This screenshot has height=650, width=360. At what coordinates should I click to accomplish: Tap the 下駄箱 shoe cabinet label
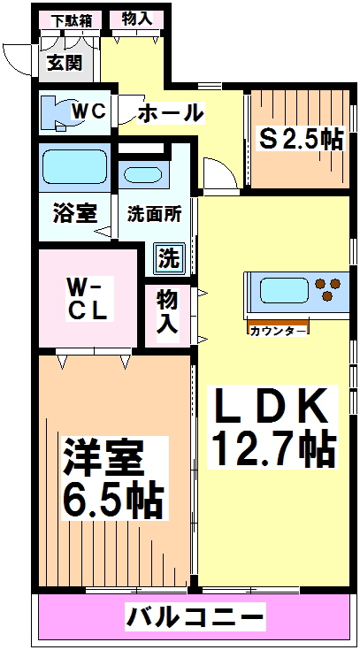click(x=71, y=20)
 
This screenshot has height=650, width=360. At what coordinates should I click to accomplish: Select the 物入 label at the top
click(x=136, y=19)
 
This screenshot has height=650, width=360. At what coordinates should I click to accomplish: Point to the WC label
click(x=89, y=111)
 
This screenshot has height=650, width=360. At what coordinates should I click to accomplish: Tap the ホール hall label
click(x=172, y=113)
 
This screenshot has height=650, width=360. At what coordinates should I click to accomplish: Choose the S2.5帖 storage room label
click(x=299, y=137)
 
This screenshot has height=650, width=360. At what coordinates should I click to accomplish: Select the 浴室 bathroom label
click(x=74, y=213)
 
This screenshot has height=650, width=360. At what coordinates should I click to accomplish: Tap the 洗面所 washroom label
click(x=154, y=213)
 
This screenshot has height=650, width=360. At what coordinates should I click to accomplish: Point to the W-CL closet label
click(x=88, y=298)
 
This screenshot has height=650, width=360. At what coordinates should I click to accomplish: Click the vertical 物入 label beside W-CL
click(x=167, y=311)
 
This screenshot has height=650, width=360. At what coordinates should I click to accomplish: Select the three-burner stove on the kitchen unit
click(x=328, y=289)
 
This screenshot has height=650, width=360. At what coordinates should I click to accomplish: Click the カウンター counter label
click(x=278, y=330)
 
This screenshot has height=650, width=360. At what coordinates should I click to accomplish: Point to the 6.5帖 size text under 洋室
click(x=112, y=501)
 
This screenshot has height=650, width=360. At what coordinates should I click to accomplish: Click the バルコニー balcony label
click(x=195, y=614)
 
